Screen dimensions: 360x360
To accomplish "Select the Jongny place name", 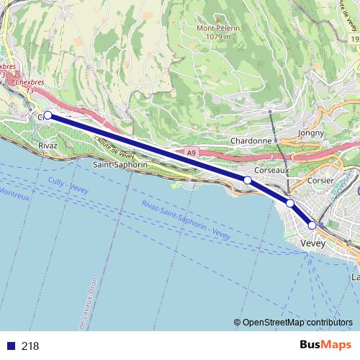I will click(x=312, y=132).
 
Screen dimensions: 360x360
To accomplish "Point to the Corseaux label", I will click(x=271, y=171).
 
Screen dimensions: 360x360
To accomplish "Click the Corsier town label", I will click(x=320, y=180).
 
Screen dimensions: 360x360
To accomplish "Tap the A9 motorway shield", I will click(x=190, y=153).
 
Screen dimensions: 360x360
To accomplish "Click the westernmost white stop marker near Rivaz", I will click(x=48, y=115).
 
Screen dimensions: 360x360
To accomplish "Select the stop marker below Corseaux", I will click(x=247, y=179).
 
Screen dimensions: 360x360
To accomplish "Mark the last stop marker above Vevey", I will click(x=312, y=225).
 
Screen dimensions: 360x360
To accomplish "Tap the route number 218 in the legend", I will click(x=30, y=346).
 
